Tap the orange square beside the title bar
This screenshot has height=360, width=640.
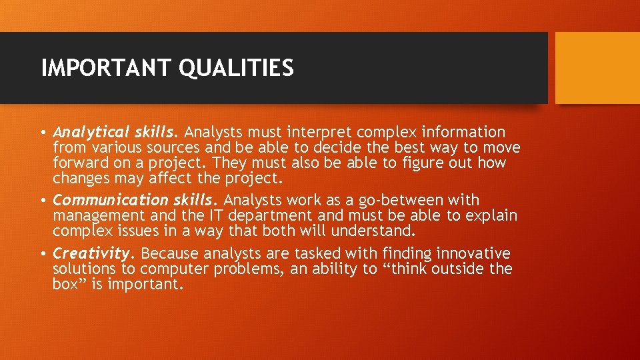[597, 68]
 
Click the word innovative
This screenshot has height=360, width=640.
[473, 254]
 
